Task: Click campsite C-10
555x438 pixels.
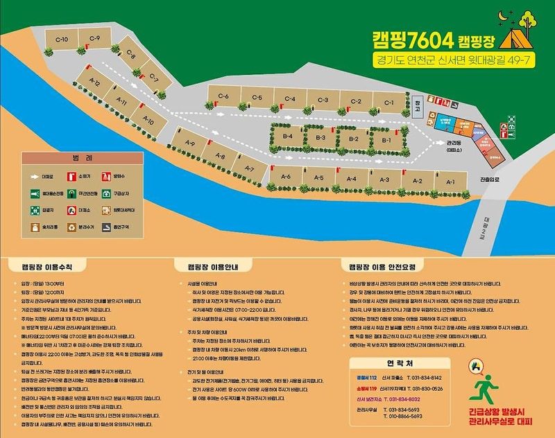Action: pyautogui.click(x=62, y=40)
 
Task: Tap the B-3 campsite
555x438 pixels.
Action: pyautogui.click(x=321, y=139)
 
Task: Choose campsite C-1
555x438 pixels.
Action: pyautogui.click(x=388, y=104)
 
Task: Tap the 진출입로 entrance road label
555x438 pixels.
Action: pyautogui.click(x=489, y=178)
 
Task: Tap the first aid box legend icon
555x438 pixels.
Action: pyautogui.click(x=107, y=193)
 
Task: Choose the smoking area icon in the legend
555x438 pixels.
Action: pyautogui.click(x=107, y=227)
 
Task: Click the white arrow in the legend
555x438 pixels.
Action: pyautogui.click(x=33, y=177)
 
